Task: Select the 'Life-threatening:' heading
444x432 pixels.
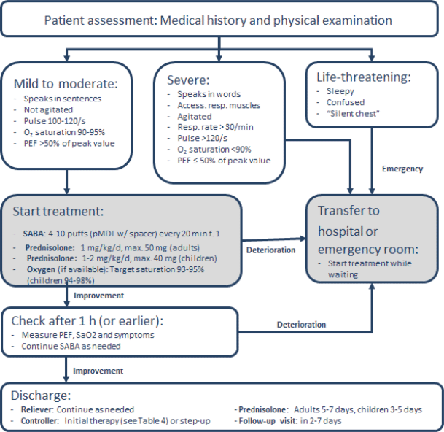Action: (362, 76)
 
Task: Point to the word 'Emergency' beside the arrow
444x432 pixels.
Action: (402, 169)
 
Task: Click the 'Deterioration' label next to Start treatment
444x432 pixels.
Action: (270, 250)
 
